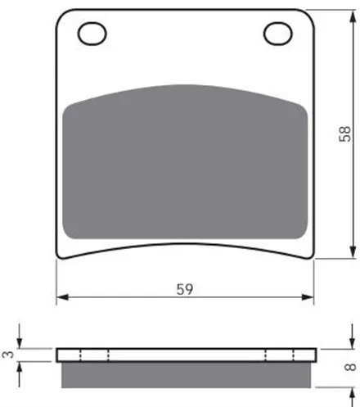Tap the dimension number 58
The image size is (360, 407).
coord(344,133)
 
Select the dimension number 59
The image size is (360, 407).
coord(185,289)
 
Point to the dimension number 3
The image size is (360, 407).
coord(8,355)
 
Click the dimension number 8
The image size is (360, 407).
coord(350,367)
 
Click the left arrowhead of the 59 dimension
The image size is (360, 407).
coord(63,297)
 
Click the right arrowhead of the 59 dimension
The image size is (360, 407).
coord(308,297)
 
